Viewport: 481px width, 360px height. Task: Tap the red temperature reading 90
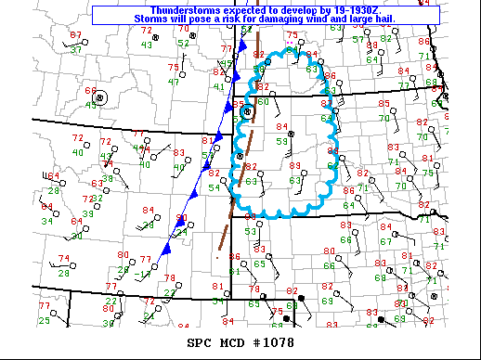[x=182, y=217]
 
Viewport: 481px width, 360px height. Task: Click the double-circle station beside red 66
[x=101, y=96]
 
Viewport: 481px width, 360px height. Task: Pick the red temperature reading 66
[x=90, y=91]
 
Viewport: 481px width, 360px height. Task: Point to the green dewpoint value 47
[x=173, y=82]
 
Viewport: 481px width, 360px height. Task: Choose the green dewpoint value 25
[x=45, y=320]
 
